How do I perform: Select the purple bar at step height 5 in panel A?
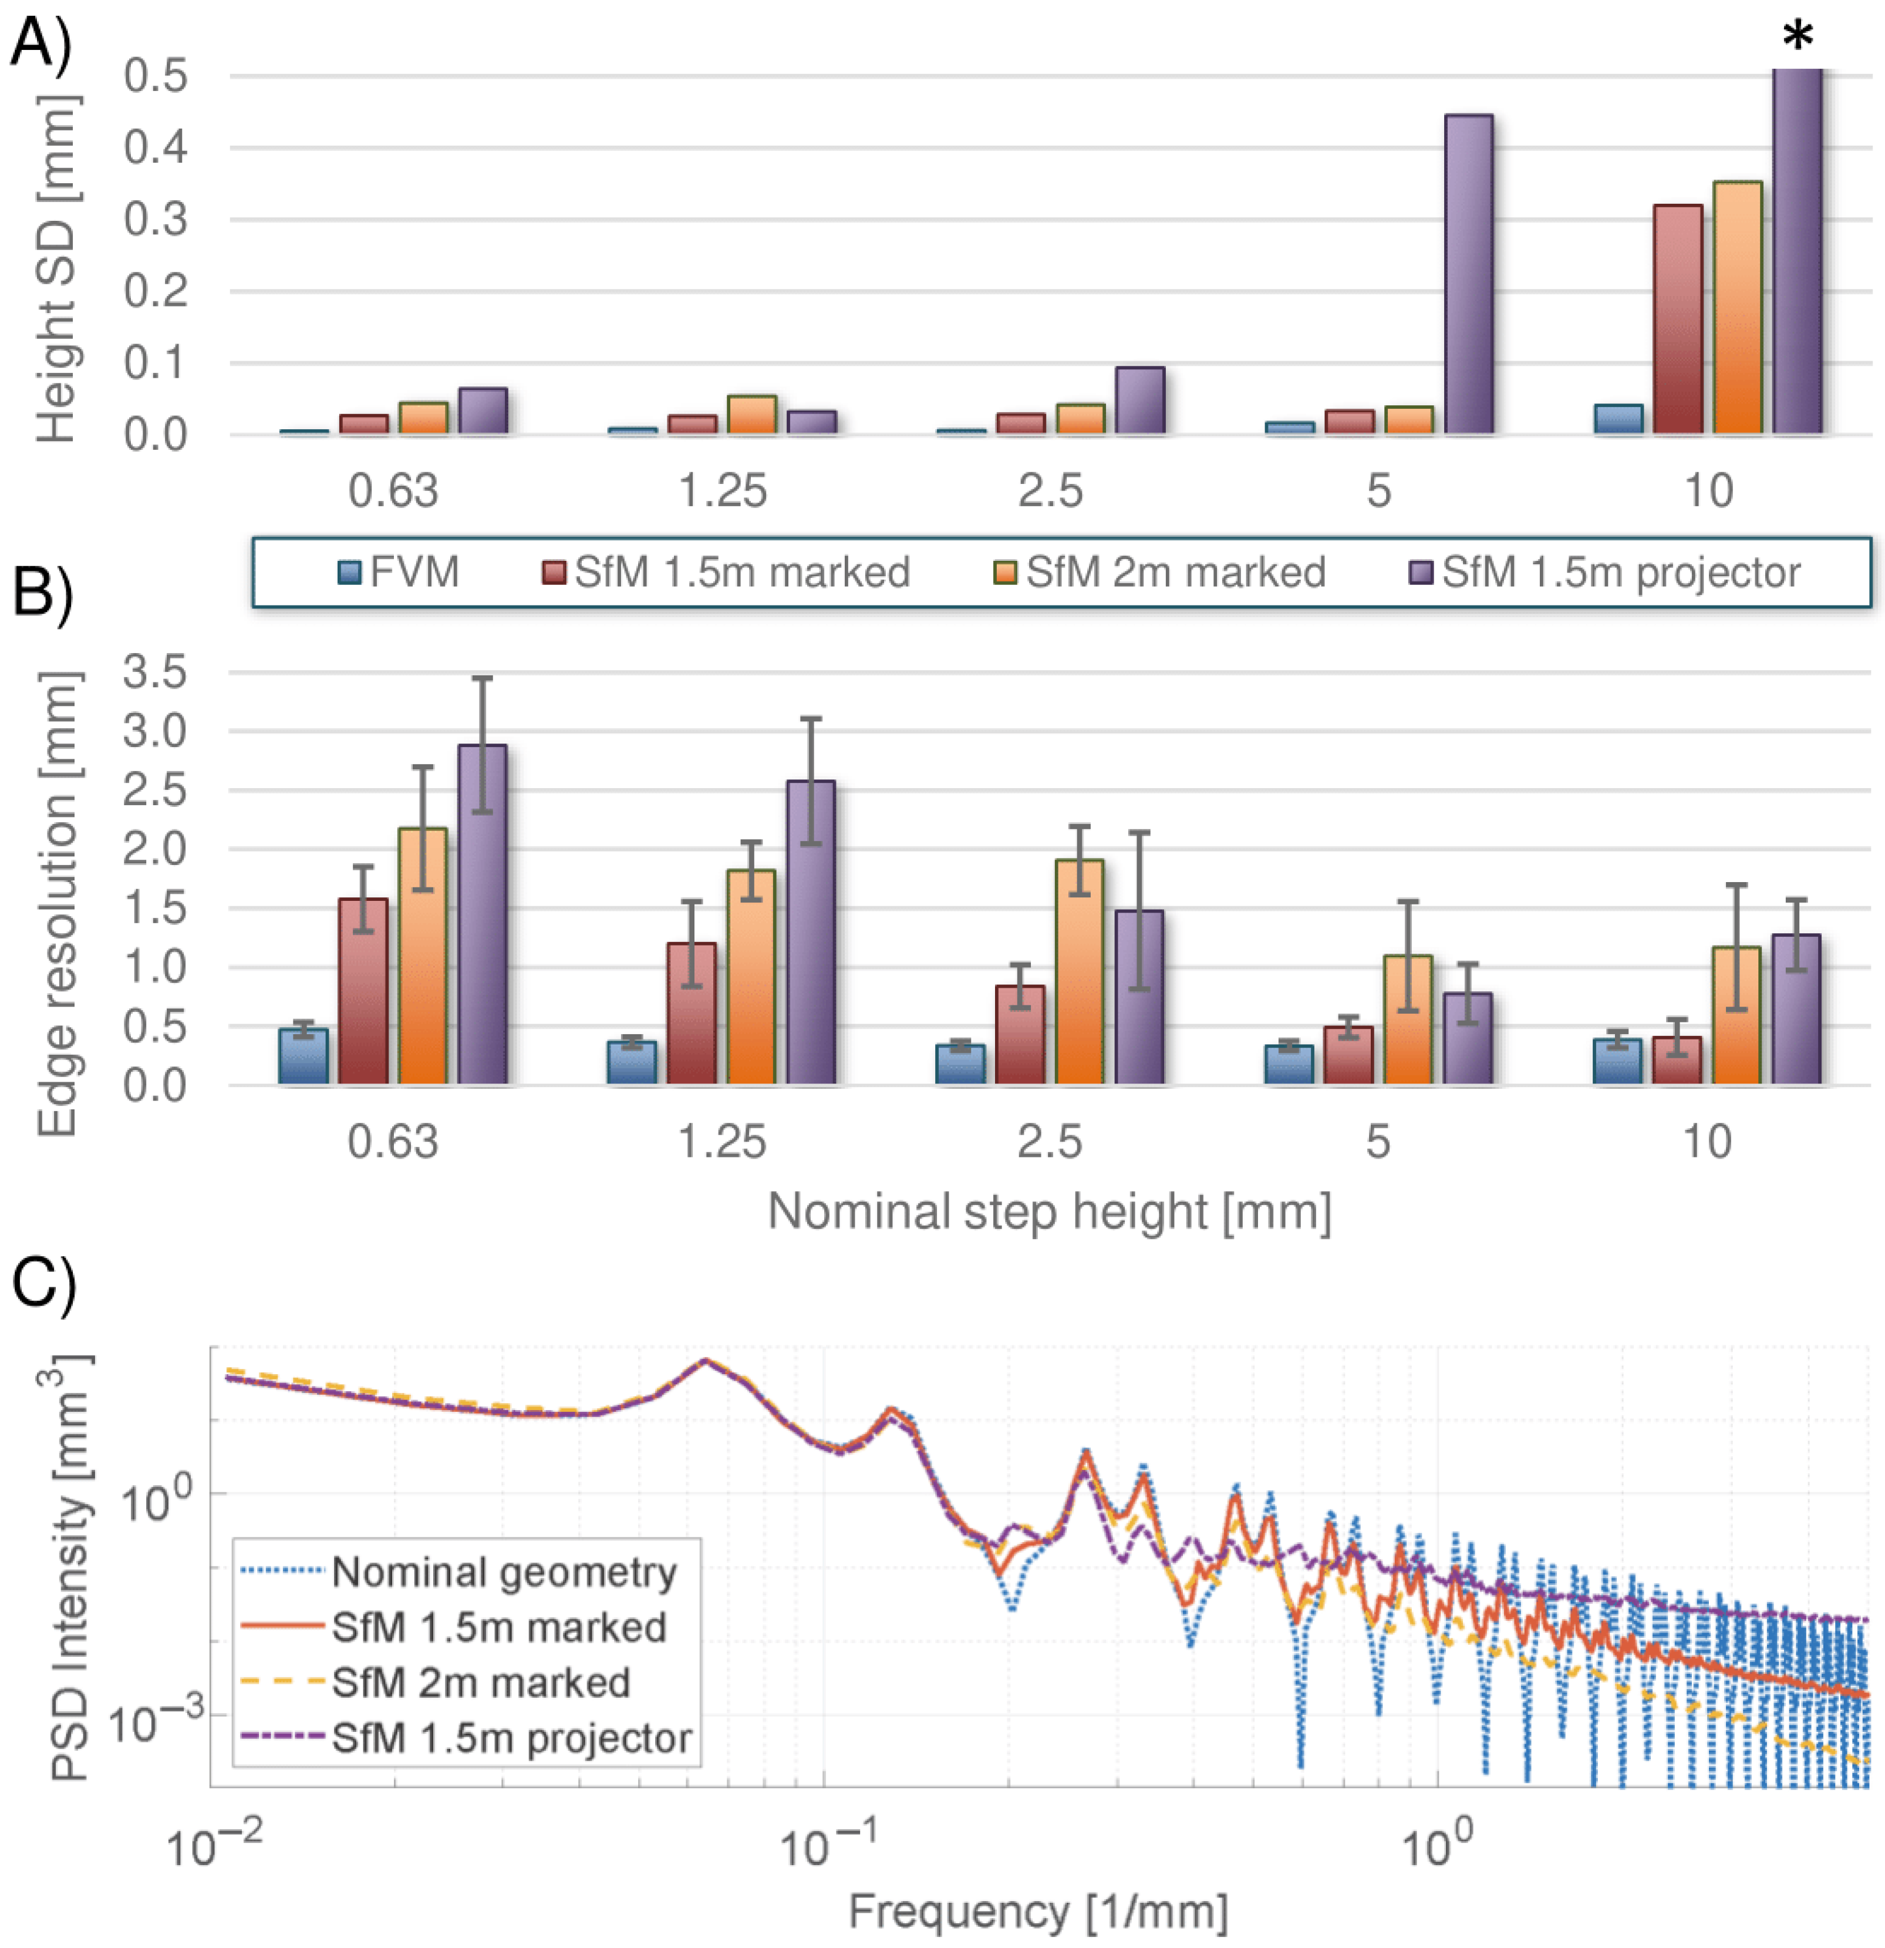[x=1468, y=273]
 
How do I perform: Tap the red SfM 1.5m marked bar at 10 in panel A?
[x=1677, y=318]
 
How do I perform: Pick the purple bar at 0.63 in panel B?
[x=483, y=914]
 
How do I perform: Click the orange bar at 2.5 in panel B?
[x=1079, y=972]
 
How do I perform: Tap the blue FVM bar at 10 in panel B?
[x=1617, y=1061]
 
